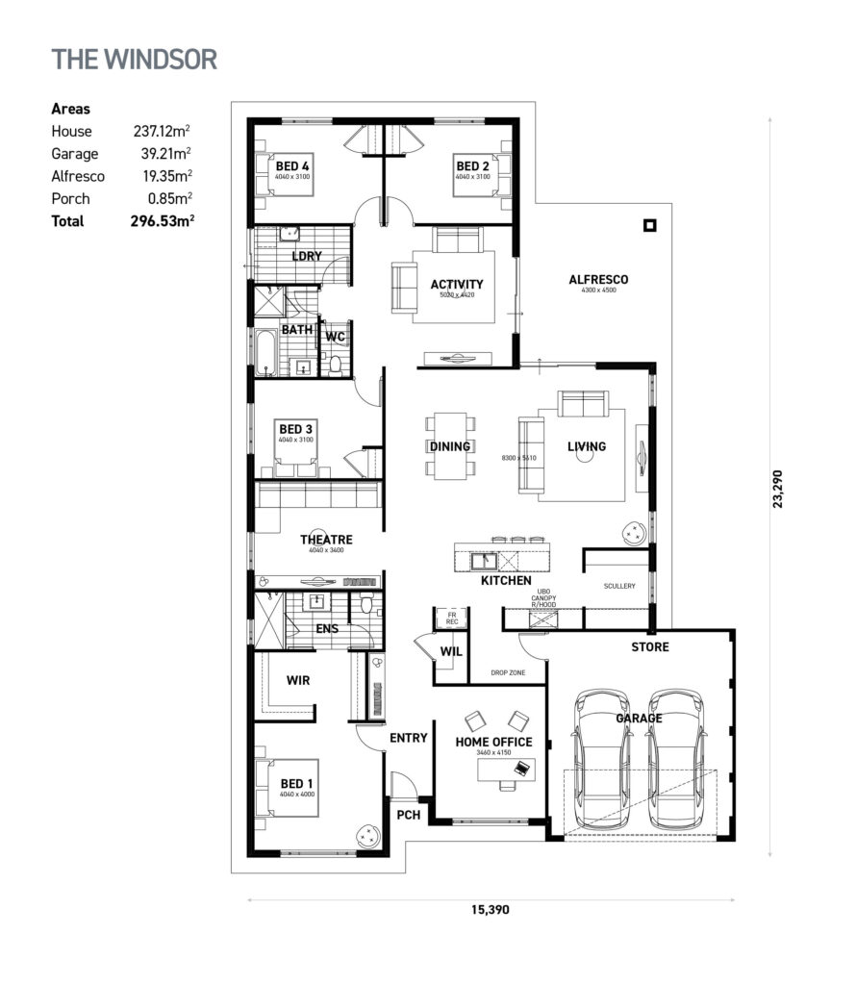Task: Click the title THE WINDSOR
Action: click(x=135, y=58)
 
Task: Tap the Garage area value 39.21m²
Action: click(x=161, y=154)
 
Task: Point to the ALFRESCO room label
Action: click(x=598, y=280)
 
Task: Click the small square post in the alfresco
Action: click(x=650, y=226)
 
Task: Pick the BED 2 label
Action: click(x=472, y=165)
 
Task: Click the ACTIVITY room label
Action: click(x=456, y=284)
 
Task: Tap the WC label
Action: click(x=335, y=337)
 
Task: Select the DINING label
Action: click(x=449, y=446)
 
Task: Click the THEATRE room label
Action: click(x=326, y=540)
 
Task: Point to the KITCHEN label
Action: click(x=506, y=581)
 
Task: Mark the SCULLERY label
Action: click(x=619, y=586)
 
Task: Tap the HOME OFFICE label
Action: click(x=493, y=742)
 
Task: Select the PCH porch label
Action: click(x=409, y=814)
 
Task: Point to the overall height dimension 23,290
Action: click(x=780, y=487)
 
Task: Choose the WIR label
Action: click(x=297, y=679)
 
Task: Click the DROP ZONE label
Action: click(x=508, y=673)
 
